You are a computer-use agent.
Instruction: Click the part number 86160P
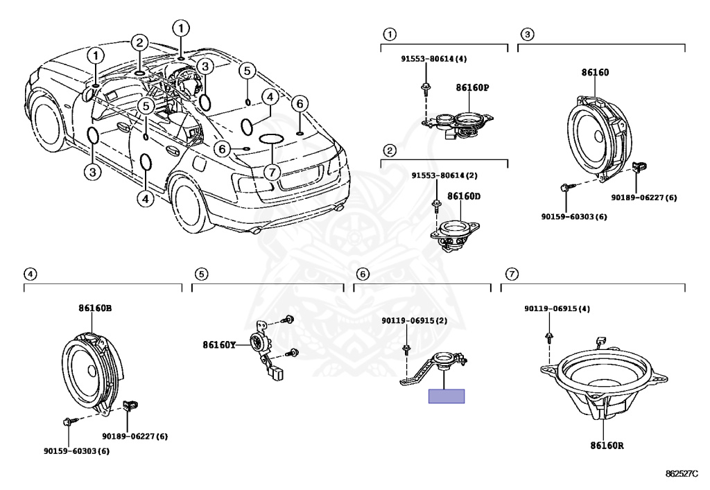click(472, 87)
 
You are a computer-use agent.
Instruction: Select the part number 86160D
click(464, 196)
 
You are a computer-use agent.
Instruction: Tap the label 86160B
click(95, 308)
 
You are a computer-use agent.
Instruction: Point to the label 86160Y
click(219, 344)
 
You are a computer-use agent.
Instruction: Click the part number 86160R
click(607, 445)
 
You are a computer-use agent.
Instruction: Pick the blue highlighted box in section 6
click(447, 396)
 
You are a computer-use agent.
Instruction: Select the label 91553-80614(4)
click(434, 58)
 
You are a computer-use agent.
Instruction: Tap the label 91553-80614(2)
click(444, 175)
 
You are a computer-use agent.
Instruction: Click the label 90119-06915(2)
click(415, 320)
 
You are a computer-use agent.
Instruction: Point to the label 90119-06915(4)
click(557, 308)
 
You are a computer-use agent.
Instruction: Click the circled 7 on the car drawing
click(272, 173)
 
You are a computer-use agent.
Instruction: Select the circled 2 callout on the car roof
click(140, 43)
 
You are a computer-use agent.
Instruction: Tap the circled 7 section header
click(512, 274)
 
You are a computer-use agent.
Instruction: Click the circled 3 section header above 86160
click(527, 34)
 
